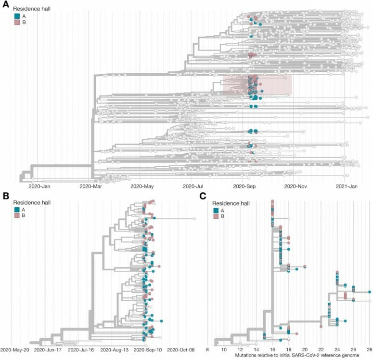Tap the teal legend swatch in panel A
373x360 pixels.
coord(16,16)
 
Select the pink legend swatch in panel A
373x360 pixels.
coord(16,24)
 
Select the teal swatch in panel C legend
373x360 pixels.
coord(216,211)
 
